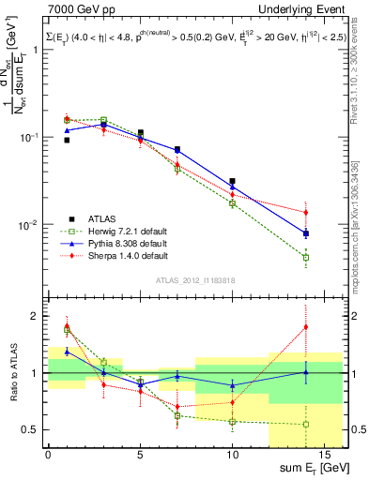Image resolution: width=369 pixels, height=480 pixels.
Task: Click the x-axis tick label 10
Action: pos(232,456)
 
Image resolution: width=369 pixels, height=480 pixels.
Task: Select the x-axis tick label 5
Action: pos(140,456)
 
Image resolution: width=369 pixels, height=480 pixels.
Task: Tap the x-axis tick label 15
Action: pos(324,456)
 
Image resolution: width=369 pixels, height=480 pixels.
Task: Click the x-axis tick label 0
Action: pos(48,456)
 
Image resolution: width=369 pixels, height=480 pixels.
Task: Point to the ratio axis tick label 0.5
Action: pos(34,430)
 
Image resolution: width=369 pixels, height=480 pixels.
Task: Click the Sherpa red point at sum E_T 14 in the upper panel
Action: pos(306,212)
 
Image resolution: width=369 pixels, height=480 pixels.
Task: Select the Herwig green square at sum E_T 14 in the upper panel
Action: pos(306,257)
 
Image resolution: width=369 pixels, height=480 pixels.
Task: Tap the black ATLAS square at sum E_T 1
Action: pos(67,140)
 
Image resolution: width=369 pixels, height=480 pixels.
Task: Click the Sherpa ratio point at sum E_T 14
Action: pos(306,326)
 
